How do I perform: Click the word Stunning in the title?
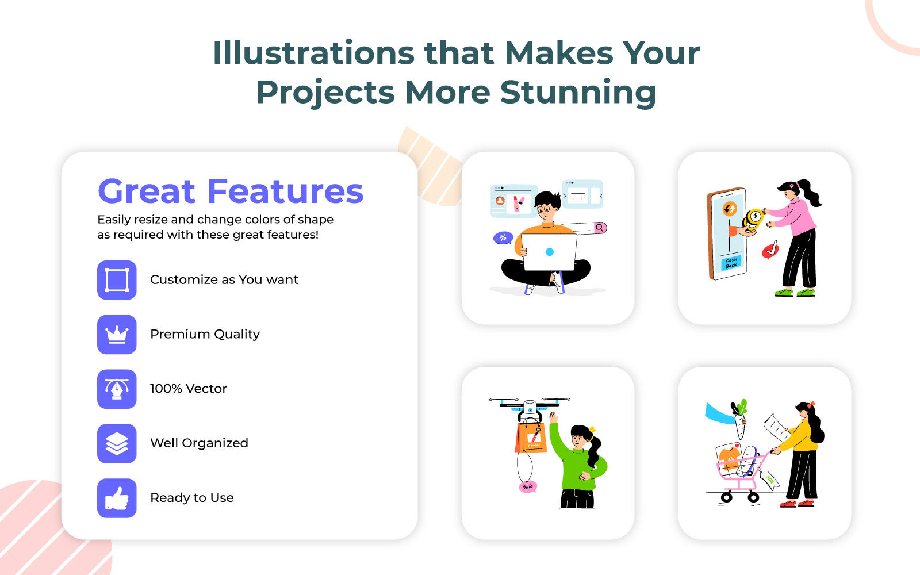(x=578, y=93)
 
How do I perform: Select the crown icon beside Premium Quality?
(x=117, y=334)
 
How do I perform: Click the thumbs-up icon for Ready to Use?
(x=117, y=498)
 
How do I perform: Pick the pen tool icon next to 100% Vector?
(x=117, y=389)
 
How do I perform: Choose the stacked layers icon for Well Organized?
(x=117, y=443)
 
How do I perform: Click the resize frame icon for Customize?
(x=117, y=280)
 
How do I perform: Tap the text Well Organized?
(x=199, y=443)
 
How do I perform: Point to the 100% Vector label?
(x=188, y=388)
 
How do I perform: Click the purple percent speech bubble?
(x=503, y=238)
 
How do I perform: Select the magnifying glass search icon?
(x=600, y=228)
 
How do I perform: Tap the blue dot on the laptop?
(x=550, y=252)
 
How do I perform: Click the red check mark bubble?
(x=770, y=250)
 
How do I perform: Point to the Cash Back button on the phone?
(x=731, y=263)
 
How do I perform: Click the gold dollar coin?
(x=754, y=216)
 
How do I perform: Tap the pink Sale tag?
(x=528, y=486)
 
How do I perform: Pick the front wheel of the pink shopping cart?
(x=727, y=498)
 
